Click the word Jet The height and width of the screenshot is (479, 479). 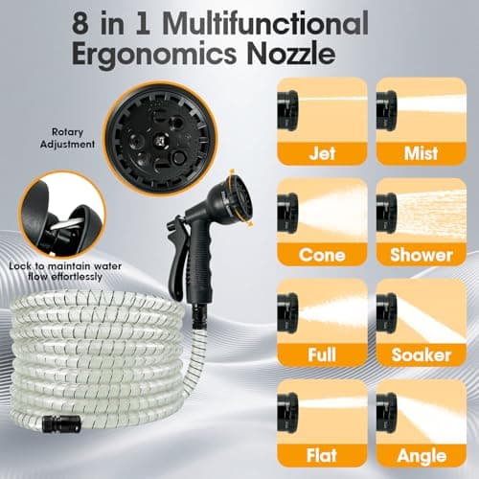coord(322,153)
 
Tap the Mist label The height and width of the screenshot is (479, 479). coord(421,153)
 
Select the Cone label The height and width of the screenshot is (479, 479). coord(322,255)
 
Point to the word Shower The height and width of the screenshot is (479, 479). coord(422,255)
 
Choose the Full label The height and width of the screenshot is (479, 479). coord(322,354)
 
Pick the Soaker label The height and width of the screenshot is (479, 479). coord(422,354)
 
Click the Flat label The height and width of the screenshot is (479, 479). coord(322,455)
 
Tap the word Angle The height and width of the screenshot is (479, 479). coord(422,456)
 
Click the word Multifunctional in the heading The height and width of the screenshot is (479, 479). coord(267,24)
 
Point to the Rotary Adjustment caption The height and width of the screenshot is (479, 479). coord(67,138)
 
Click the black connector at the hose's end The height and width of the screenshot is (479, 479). coord(55,424)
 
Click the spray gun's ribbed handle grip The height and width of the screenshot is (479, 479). coord(200,262)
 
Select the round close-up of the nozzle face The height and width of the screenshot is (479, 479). coord(162,138)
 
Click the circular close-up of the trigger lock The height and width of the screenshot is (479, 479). coord(62,215)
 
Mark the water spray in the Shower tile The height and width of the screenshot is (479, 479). coord(431,213)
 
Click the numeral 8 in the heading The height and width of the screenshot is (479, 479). coord(80,24)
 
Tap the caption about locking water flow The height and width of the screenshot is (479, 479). coord(65,271)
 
